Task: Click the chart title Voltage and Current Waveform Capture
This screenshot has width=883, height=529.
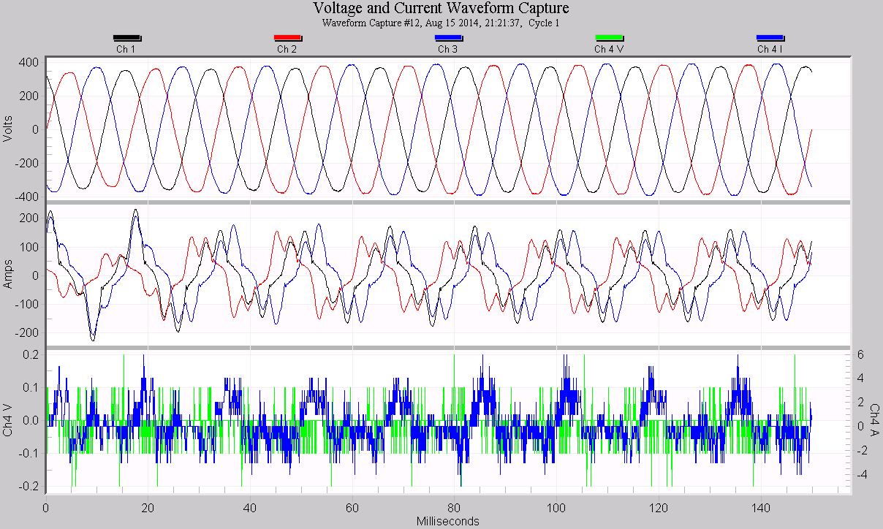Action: [441, 9]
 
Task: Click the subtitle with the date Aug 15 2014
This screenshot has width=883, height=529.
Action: [441, 23]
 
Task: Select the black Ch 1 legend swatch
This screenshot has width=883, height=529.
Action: [126, 37]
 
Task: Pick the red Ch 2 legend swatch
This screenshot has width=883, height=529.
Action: [287, 37]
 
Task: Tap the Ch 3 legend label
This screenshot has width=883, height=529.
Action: [448, 50]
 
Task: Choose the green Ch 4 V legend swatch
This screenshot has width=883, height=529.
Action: [609, 37]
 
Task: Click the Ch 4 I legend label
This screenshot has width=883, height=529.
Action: [770, 50]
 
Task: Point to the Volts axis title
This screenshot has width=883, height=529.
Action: [9, 129]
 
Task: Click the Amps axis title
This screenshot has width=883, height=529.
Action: [9, 275]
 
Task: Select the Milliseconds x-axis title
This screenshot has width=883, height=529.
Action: [448, 521]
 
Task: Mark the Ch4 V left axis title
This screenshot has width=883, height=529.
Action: [9, 420]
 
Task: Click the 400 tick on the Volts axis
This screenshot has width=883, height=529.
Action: [29, 63]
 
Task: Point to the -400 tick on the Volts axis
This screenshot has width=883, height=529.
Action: [27, 197]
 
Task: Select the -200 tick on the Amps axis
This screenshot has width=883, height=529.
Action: [27, 332]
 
